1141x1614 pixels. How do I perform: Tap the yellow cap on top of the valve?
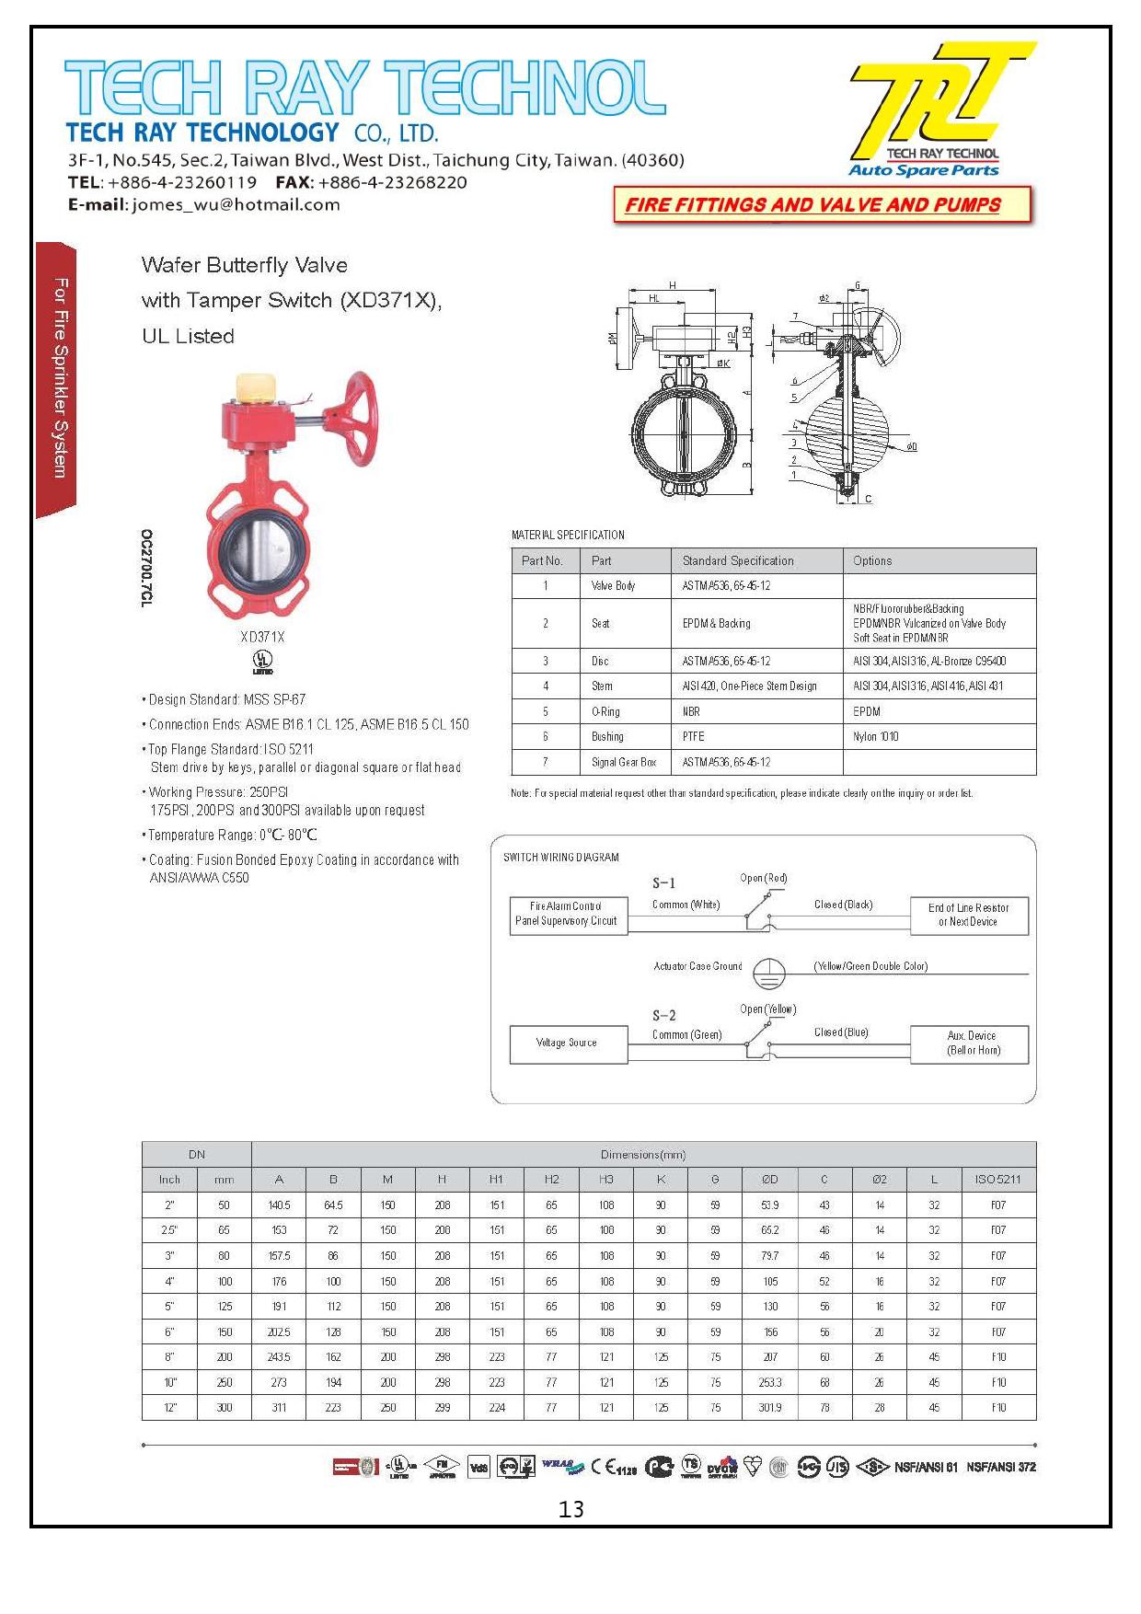point(255,386)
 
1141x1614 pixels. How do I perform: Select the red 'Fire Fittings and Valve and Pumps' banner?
point(822,204)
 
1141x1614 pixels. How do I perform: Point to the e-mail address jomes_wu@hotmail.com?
point(236,204)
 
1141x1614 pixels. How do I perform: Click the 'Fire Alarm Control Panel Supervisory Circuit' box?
point(568,914)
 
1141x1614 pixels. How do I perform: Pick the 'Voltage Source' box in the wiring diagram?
point(568,1043)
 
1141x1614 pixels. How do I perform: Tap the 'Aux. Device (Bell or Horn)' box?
point(970,1043)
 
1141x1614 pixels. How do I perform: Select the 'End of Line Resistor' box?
point(970,915)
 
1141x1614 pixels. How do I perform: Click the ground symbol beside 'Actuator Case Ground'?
point(768,971)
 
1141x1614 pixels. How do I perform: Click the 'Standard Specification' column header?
point(738,560)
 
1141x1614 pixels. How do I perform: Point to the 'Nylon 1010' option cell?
point(875,736)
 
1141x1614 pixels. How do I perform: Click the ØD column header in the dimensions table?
point(770,1179)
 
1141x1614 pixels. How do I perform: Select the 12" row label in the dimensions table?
point(169,1407)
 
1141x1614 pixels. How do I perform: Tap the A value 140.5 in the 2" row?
point(279,1205)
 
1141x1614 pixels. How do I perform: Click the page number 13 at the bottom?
point(570,1509)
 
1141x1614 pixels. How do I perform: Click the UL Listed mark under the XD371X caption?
point(262,662)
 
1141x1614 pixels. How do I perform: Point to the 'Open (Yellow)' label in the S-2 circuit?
point(767,1009)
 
